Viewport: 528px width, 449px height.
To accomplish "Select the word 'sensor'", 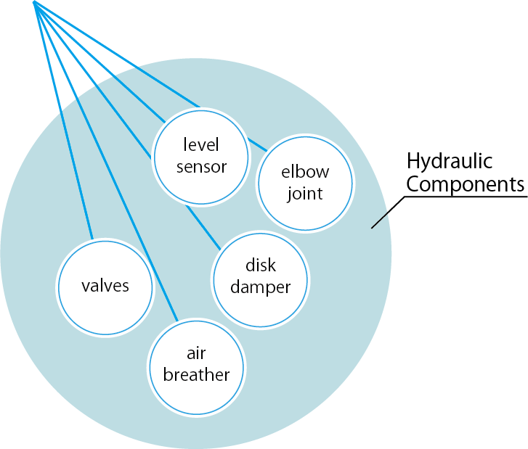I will (x=201, y=167).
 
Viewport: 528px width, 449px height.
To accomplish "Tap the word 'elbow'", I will (x=305, y=173).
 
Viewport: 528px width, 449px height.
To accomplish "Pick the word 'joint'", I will (x=305, y=194).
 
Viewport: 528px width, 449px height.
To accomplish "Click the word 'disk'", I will (x=260, y=266).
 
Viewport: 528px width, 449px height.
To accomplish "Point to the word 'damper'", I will (x=260, y=287).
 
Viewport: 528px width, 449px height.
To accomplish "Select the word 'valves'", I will (x=105, y=286).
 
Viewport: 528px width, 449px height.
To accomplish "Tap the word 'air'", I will (x=196, y=354).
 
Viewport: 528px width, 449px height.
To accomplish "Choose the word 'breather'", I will (x=196, y=375).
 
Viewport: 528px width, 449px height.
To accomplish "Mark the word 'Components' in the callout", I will (x=465, y=184).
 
